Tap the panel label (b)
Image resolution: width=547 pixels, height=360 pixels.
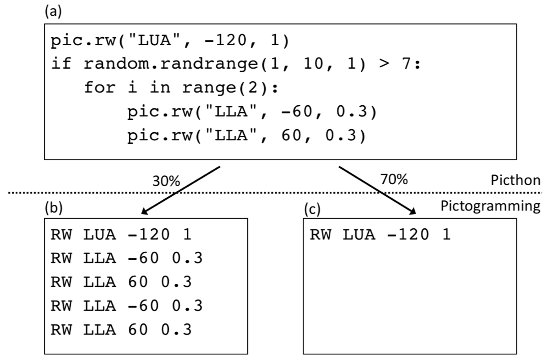pos(52,209)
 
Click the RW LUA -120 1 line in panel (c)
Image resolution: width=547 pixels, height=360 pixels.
pos(380,235)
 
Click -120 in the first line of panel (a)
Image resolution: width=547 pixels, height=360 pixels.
pos(217,40)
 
